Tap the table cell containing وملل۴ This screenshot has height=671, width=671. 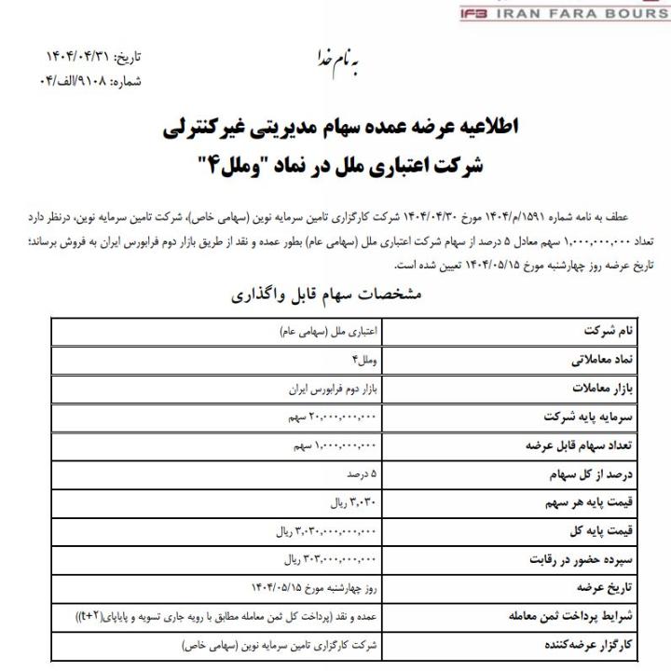click(364, 359)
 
